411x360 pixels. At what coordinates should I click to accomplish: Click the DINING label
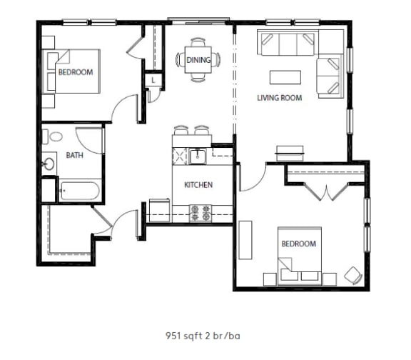tap(198, 61)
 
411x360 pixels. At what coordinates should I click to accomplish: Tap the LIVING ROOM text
tap(279, 98)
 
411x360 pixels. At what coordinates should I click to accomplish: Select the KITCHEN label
tap(198, 185)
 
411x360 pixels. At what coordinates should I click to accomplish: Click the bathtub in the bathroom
tap(78, 191)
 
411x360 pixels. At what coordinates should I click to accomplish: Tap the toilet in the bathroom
tap(52, 136)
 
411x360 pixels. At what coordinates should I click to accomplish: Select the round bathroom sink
tap(49, 164)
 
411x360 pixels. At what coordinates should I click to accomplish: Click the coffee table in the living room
tap(284, 76)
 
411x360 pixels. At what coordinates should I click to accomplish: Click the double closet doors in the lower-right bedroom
tap(326, 191)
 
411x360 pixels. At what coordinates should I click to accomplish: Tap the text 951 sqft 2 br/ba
tap(205, 334)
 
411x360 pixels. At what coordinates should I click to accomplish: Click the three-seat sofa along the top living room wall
tap(288, 44)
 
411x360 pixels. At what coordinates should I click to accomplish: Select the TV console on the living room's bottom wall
tap(289, 151)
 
